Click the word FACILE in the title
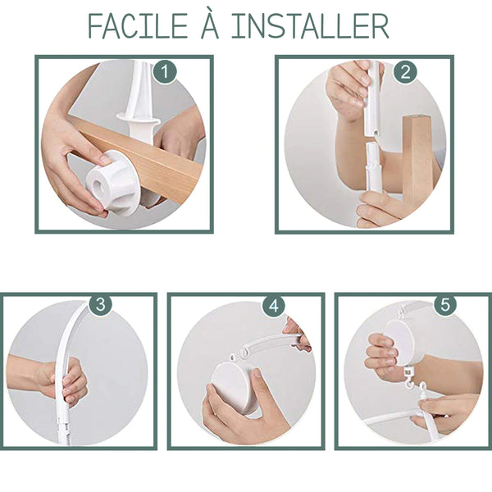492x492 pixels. point(138,26)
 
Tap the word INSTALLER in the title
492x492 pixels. point(310,26)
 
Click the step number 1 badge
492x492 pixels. point(165,72)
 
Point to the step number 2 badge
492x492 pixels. point(405,72)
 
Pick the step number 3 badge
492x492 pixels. point(100,303)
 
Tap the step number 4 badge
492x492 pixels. point(274,305)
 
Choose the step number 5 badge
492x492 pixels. point(445,304)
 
